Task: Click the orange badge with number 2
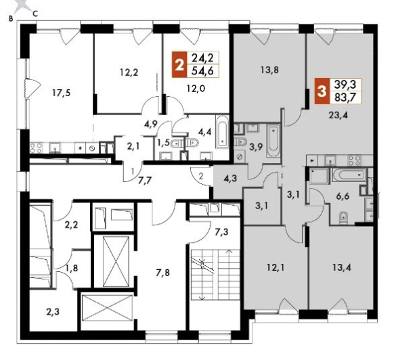(179, 64)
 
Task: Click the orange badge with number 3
(322, 91)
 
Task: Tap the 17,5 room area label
(62, 93)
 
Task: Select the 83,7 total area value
(345, 97)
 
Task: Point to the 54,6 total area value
(202, 71)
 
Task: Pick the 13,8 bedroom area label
(269, 70)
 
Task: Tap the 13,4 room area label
(342, 267)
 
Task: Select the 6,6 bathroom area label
(343, 196)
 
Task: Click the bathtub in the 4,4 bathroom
(222, 133)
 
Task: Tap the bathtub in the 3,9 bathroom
(273, 140)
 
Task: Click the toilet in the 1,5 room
(176, 143)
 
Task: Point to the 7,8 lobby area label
(162, 272)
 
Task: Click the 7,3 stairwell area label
(221, 232)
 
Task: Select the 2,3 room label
(53, 312)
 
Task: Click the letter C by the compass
(35, 14)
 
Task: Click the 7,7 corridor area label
(146, 180)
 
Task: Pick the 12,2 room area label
(129, 72)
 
